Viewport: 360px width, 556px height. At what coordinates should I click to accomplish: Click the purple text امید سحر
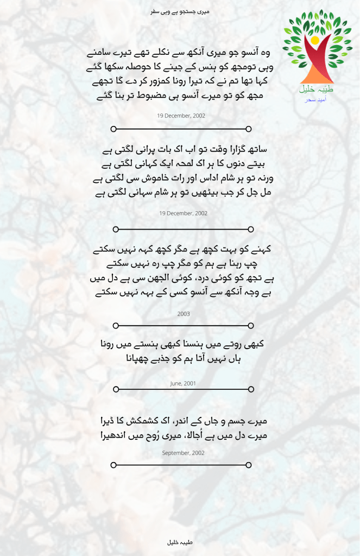tap(311, 99)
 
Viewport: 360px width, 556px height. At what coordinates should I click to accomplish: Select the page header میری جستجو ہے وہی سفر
tap(180, 11)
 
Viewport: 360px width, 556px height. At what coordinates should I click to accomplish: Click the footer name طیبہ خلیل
tap(180, 542)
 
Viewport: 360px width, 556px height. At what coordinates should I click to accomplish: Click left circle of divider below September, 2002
tap(113, 465)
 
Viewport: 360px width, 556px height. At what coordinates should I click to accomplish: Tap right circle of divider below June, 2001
tap(251, 389)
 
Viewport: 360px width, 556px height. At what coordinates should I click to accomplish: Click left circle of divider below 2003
tap(115, 326)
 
